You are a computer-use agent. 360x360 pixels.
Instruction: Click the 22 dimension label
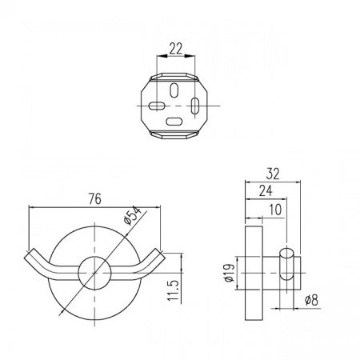176,49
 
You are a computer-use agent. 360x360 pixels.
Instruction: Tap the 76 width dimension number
95,199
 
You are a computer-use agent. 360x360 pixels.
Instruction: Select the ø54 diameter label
133,216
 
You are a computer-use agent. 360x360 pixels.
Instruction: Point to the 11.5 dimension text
174,290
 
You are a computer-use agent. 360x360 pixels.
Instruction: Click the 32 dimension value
273,174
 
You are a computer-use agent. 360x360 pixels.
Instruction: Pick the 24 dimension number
266,190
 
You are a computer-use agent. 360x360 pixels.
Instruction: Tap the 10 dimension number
275,210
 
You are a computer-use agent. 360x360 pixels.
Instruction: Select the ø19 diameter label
229,273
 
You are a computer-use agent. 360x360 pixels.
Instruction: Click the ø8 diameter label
312,300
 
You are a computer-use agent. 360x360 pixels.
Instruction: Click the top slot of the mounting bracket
174,90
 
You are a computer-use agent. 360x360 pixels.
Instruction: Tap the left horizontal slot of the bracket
157,106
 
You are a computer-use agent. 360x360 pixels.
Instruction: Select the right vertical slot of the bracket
195,106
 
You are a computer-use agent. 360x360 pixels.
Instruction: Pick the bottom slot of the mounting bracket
174,122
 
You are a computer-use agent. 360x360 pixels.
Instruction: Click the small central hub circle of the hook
94,273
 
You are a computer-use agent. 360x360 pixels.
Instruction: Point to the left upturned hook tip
29,254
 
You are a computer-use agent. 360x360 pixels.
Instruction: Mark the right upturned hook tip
161,254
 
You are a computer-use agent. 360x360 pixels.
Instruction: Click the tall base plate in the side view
254,273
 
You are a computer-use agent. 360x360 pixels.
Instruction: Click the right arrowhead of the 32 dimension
296,182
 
